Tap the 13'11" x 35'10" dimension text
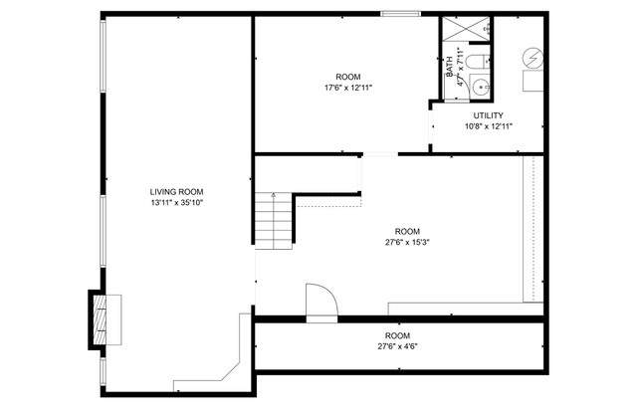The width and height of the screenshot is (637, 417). point(177,203)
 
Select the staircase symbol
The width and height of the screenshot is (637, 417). point(272,220)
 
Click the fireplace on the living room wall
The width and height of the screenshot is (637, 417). point(103,317)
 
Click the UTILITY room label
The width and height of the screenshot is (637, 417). point(488,115)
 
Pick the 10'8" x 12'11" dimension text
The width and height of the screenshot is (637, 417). point(488,126)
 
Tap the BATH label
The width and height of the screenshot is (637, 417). point(450,68)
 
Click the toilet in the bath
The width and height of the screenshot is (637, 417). point(477,64)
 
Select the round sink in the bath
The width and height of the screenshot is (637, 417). point(483,87)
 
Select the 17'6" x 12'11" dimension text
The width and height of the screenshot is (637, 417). point(347,88)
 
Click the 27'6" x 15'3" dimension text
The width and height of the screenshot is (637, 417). point(407,242)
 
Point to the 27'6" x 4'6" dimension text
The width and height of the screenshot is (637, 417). point(398,346)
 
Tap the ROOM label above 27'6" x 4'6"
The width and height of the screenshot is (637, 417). point(398,335)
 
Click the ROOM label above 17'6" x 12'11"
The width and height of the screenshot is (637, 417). point(347,77)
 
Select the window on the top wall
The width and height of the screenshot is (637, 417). point(399,13)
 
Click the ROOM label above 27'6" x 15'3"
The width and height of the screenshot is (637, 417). point(407,231)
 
